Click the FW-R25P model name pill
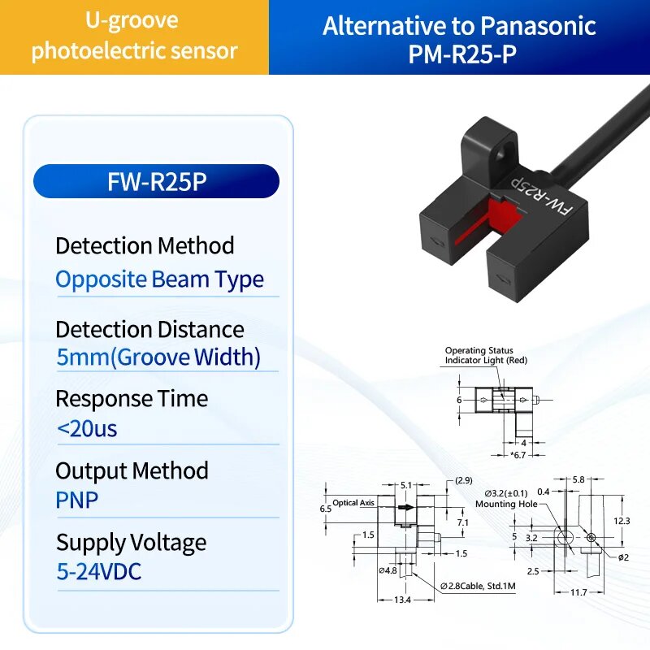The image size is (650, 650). click(x=156, y=181)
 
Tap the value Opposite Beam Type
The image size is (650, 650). click(x=159, y=279)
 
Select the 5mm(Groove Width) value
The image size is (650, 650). click(x=158, y=357)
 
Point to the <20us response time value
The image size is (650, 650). click(x=87, y=429)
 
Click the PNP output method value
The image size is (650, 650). click(x=77, y=500)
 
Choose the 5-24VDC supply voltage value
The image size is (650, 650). click(x=99, y=571)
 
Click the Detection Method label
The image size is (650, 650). click(x=145, y=245)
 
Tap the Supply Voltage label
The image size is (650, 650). click(x=132, y=543)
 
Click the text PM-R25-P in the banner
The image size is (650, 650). click(x=462, y=54)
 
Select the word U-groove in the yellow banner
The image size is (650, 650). click(x=132, y=21)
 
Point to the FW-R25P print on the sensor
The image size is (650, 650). click(x=543, y=197)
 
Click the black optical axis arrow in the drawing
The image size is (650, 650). click(x=405, y=507)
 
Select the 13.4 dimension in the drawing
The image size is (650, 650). click(x=402, y=600)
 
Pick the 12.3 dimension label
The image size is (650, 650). click(x=622, y=521)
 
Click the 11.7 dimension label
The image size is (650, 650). click(x=578, y=592)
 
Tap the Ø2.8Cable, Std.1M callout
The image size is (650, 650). click(x=478, y=586)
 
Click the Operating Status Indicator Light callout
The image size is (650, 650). click(x=486, y=355)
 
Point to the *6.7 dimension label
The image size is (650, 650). click(x=518, y=455)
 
